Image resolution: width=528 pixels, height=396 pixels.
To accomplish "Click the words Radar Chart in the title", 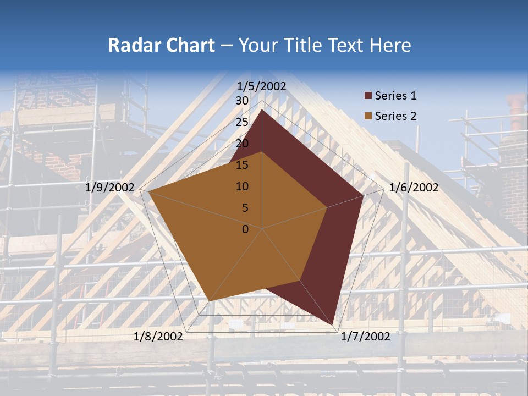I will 161,45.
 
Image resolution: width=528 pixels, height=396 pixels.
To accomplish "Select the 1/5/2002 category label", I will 262,86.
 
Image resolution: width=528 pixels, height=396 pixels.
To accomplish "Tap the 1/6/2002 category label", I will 414,188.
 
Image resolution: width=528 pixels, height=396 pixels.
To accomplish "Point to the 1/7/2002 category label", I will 365,337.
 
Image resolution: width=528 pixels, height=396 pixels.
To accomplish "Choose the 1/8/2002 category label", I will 158,337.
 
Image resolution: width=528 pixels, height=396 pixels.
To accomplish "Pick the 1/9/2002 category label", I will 110,188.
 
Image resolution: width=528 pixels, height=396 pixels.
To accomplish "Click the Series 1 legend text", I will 395,96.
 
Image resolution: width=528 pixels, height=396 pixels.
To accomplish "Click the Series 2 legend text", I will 395,116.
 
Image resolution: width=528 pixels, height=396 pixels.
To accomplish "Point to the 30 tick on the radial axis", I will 242,101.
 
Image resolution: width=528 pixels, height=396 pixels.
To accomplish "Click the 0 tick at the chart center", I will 245,229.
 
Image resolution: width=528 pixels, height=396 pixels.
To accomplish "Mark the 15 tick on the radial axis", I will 242,165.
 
